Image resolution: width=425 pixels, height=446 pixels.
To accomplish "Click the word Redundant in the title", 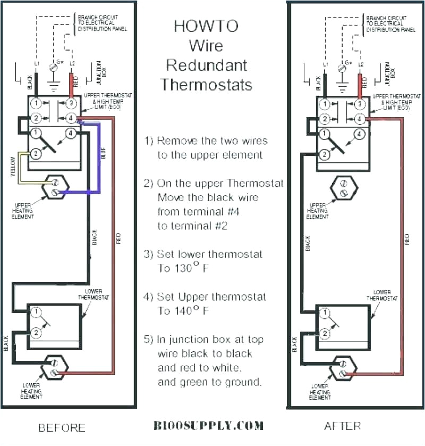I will (207, 65).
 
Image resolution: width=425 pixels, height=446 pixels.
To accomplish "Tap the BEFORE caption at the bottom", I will (62, 427).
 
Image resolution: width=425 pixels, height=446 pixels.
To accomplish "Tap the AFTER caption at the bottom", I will (342, 426).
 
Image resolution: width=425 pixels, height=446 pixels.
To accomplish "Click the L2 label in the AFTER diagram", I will (361, 64).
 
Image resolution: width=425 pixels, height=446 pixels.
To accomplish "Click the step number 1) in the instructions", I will (149, 141).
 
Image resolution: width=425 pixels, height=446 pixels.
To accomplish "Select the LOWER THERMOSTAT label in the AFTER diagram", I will (381, 295).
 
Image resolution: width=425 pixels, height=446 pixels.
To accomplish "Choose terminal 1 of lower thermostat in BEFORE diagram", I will (36, 311).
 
